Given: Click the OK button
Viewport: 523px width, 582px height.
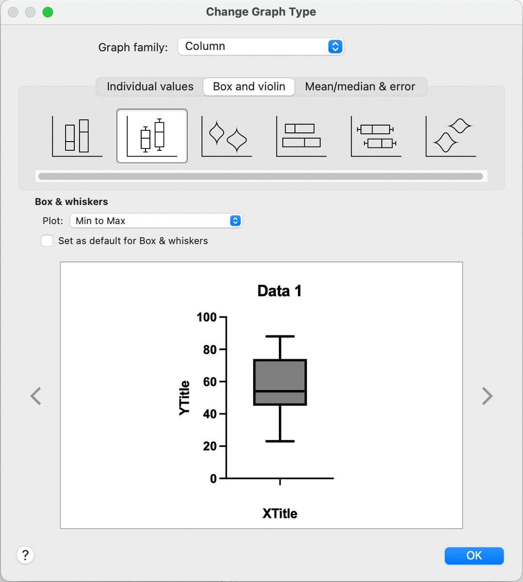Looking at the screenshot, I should click(474, 556).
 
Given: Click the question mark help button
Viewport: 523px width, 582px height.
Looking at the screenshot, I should click(25, 555).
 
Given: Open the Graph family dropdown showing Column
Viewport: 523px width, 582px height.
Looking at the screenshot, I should click(261, 47).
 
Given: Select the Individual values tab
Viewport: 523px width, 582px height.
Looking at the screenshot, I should click(150, 87).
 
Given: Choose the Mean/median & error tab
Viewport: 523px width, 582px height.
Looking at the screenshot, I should click(360, 87).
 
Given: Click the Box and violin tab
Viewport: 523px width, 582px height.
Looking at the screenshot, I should click(249, 87).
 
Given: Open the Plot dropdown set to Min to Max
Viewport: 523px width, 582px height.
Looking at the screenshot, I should click(156, 221).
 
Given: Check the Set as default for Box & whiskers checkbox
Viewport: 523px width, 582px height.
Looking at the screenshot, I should click(47, 241).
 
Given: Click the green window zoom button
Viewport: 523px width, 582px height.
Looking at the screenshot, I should click(48, 12).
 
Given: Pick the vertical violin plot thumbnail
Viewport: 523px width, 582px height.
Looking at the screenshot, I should click(227, 136).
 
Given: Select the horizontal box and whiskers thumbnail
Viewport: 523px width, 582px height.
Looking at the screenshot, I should click(376, 136).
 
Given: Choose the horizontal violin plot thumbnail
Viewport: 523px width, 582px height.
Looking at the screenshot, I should click(451, 136).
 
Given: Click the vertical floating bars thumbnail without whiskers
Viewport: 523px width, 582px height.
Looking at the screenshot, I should click(77, 136).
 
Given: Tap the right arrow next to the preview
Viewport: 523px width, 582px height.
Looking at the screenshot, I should click(487, 396).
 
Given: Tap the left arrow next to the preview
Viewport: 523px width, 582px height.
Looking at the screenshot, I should click(36, 396).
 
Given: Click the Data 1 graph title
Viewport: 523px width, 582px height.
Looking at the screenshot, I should click(279, 291).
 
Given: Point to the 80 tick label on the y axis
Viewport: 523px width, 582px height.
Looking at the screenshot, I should click(210, 350).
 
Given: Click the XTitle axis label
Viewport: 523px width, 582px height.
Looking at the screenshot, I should click(280, 514).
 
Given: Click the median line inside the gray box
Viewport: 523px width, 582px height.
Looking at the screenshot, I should click(280, 391).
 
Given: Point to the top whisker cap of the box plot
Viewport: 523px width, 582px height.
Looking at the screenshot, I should click(280, 336).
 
